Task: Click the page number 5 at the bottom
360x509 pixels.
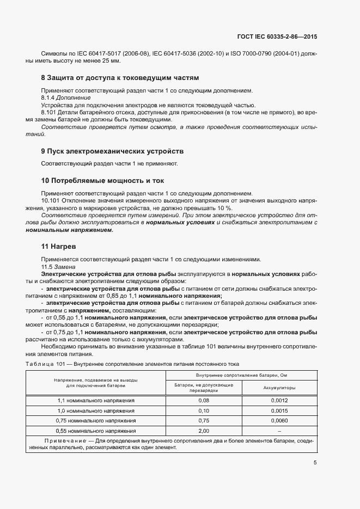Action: point(315,463)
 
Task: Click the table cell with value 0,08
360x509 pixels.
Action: point(204,400)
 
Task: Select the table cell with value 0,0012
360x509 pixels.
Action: point(279,400)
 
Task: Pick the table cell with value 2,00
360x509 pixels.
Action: point(204,431)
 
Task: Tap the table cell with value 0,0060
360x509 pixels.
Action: point(279,421)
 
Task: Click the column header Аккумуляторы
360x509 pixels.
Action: point(279,388)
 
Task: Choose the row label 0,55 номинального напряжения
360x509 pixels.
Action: point(96,431)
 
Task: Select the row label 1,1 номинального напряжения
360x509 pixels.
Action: point(96,400)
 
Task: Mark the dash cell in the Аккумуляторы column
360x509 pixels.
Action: point(279,431)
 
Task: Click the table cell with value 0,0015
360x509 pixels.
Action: point(279,410)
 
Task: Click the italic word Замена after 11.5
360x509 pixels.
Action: point(63,267)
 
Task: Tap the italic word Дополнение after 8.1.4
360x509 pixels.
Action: point(68,97)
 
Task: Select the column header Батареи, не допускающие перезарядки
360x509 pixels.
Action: point(204,388)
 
